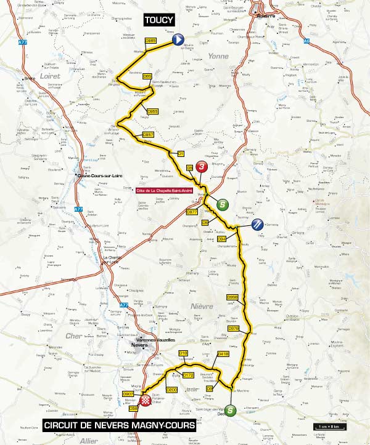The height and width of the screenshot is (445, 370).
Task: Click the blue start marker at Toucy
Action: [178, 40]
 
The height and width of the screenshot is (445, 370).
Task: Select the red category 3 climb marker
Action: [200, 167]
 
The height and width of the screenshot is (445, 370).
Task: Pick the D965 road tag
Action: [150, 41]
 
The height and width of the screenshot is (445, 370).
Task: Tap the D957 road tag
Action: [147, 134]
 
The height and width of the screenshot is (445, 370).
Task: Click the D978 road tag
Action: [233, 329]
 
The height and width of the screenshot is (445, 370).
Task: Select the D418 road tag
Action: [224, 354]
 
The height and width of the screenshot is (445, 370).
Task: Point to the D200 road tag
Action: [172, 390]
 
